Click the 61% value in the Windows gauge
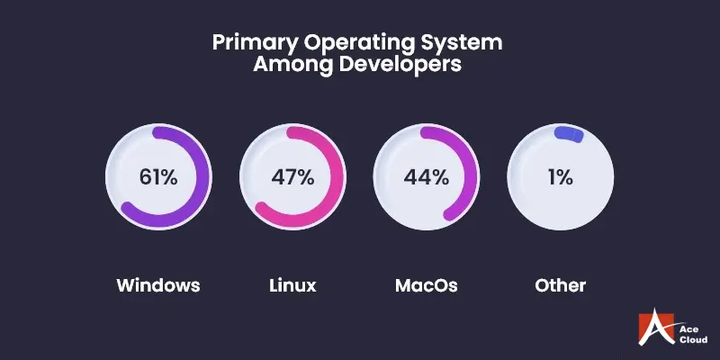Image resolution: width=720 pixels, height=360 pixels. (x=158, y=176)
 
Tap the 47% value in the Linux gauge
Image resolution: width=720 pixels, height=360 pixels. (x=292, y=176)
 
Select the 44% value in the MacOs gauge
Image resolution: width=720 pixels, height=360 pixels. (x=427, y=176)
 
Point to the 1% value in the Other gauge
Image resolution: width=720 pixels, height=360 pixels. (x=561, y=176)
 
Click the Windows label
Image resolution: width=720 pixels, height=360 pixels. (x=158, y=286)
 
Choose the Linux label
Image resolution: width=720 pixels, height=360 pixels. (x=292, y=286)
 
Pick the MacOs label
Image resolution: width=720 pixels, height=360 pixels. (x=427, y=286)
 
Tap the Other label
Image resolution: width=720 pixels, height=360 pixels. (x=561, y=286)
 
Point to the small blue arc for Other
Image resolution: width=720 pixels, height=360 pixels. (x=570, y=134)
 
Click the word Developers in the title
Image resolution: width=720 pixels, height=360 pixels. (x=401, y=66)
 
